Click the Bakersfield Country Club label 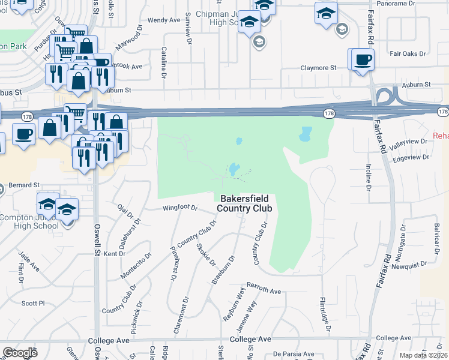coord(246,203)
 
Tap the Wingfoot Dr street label coord(180,208)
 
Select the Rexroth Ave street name coord(264,291)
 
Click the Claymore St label coord(318,68)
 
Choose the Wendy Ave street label coord(164,20)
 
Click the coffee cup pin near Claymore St coord(362,60)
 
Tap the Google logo coord(20,353)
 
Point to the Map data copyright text coord(424,355)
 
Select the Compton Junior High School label coord(29,221)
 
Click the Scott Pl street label coord(33,304)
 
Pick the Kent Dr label coord(114,254)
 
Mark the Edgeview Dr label coord(410,157)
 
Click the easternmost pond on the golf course coord(306,133)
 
